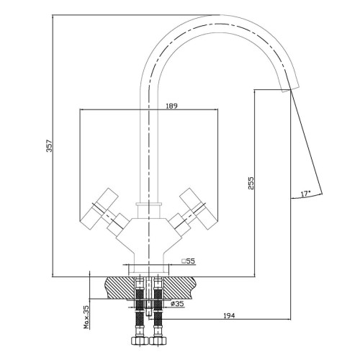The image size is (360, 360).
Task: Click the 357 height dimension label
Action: click(49, 145)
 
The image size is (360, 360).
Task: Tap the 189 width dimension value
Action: click(171, 106)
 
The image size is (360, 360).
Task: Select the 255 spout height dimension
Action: click(251, 184)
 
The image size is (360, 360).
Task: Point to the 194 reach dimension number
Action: click(229, 316)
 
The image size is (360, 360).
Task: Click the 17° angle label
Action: click(306, 194)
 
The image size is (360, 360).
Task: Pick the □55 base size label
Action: click(188, 261)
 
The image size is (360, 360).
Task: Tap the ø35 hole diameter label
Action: click(177, 304)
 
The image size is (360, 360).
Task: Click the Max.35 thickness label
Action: click(86, 317)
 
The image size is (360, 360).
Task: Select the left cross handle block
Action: click(99, 205)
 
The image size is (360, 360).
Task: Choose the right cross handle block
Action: click(199, 205)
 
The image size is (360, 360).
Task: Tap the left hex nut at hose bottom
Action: click(140, 341)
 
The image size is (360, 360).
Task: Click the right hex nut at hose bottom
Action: click(158, 341)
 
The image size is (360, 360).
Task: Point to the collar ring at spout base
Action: click(149, 204)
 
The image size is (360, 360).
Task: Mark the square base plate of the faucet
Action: click(149, 270)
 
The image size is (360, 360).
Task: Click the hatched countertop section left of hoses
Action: click(120, 288)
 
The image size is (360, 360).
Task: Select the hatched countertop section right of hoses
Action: click(178, 288)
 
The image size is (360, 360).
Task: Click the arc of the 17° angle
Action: click(307, 197)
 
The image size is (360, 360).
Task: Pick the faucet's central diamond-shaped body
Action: click(149, 236)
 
